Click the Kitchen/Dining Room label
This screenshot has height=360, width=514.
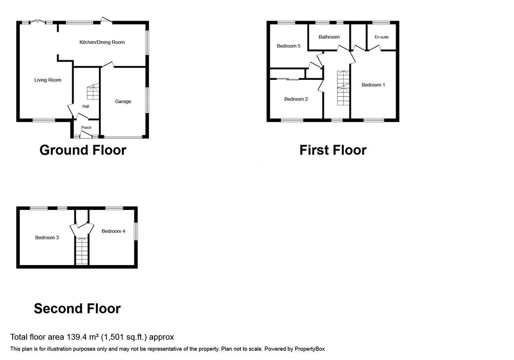point(102,42)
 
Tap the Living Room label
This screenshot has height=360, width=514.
point(48,80)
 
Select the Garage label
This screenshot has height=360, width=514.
point(123,101)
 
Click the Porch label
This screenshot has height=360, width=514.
point(86,128)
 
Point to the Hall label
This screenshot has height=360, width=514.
point(85,106)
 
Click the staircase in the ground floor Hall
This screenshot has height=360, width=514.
point(93,91)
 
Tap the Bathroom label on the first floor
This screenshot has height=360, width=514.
point(329,37)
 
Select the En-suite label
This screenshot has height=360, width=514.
point(381,37)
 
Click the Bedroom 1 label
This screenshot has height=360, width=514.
point(373,85)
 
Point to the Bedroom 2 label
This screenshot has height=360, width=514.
point(296,99)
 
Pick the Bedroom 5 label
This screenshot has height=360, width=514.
point(289,46)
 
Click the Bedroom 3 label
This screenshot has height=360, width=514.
point(47,237)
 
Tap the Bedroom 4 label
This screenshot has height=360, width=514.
point(113,231)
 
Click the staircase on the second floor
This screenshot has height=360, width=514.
point(82,251)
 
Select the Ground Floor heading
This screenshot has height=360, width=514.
point(83,150)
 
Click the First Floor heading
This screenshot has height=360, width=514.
point(333,150)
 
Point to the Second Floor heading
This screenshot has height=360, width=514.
point(77,309)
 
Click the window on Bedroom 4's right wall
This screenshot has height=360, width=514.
point(136,231)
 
